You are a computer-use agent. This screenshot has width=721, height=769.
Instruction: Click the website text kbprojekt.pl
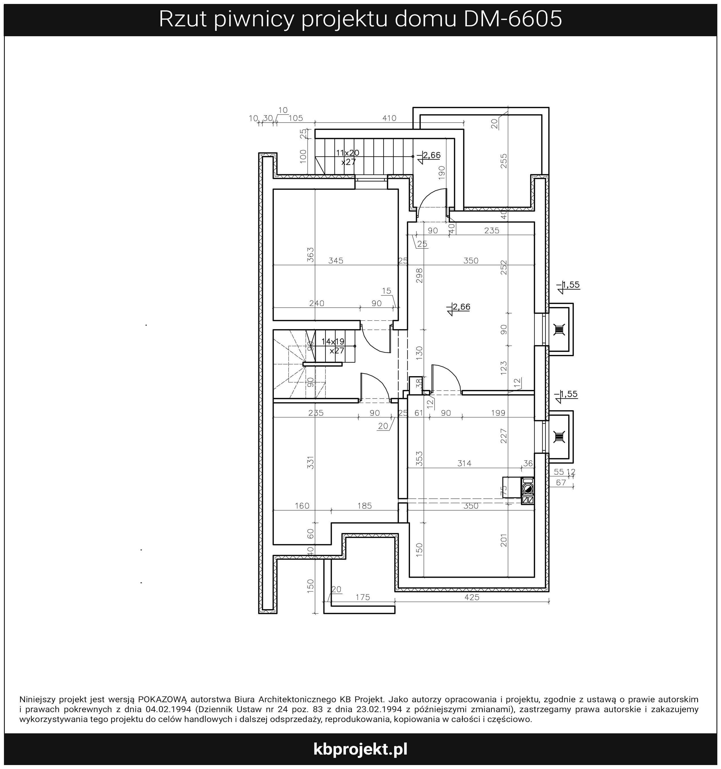tap(360, 749)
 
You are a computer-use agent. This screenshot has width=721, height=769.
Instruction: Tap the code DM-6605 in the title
tap(513, 19)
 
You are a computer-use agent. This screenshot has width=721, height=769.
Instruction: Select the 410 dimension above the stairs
tap(389, 118)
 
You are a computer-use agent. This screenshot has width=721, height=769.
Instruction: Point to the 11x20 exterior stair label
tap(347, 153)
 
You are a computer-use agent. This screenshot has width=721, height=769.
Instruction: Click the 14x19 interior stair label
tap(333, 342)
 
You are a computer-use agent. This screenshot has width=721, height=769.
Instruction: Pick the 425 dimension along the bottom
tap(472, 597)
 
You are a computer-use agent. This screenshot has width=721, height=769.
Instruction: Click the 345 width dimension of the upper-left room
tap(336, 261)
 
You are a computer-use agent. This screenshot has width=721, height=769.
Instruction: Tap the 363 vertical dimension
tap(310, 255)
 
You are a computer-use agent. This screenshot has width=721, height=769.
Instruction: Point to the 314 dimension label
tap(464, 463)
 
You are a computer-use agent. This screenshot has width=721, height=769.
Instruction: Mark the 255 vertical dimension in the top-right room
tap(504, 161)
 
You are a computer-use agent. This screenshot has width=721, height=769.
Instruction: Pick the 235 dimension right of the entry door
tap(492, 231)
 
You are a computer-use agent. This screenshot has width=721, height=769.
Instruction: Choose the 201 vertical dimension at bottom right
tap(504, 540)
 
